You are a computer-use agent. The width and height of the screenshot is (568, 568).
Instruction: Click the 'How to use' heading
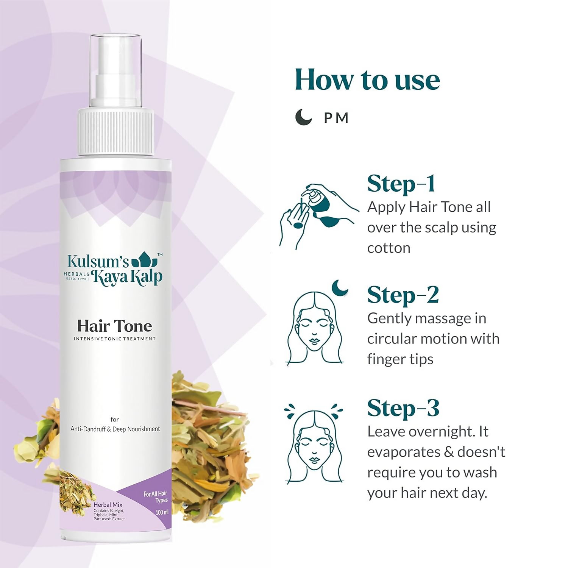[x=367, y=80]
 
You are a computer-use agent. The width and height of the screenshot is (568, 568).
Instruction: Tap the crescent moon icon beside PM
[x=303, y=117]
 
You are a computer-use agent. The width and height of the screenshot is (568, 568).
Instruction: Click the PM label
[x=336, y=118]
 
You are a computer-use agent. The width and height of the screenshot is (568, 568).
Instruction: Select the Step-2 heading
[x=403, y=295]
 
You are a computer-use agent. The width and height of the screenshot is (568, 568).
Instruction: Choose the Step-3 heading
[x=403, y=409]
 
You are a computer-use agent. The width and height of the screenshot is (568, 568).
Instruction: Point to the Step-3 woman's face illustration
[x=314, y=447]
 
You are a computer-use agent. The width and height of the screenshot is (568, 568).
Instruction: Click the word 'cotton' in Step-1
[x=389, y=248]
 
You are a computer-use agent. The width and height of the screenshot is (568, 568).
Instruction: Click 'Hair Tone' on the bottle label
[x=114, y=326]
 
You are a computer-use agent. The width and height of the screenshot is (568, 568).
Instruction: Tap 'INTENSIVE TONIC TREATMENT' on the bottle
[x=114, y=339]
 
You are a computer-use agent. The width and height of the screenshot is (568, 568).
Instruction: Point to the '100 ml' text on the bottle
[x=162, y=512]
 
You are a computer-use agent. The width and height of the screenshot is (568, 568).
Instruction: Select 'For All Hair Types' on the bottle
[x=156, y=497]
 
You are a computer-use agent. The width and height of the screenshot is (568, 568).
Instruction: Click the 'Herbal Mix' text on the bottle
[x=108, y=505]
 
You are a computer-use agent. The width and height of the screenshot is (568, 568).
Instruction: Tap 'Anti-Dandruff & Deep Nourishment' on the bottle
[x=115, y=429]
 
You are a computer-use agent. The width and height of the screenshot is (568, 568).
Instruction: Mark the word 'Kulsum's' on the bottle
[x=98, y=261]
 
